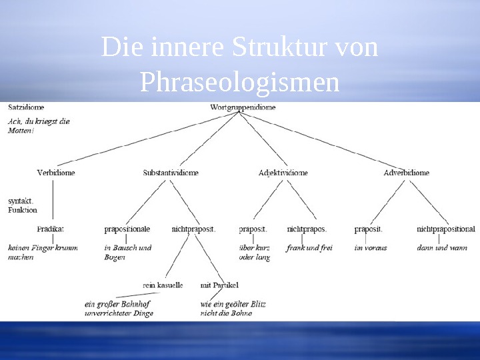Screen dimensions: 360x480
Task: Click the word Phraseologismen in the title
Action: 240,83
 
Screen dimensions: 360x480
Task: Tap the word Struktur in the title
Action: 281,47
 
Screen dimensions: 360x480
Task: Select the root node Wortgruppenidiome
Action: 243,107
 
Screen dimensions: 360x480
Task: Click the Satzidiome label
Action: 27,107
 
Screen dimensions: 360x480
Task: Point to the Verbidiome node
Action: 56,172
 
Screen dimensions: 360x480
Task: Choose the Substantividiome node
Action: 171,172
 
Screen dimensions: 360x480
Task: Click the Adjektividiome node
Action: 283,172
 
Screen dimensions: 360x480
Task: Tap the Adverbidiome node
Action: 406,172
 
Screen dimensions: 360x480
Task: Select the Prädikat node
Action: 51,229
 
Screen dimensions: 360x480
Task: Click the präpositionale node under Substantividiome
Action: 127,229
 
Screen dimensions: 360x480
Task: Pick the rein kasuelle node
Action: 163,285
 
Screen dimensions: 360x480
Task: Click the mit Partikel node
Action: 219,285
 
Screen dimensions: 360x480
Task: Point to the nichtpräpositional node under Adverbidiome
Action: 446,229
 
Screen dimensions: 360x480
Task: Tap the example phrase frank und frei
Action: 309,247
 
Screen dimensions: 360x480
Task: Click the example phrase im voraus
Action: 370,247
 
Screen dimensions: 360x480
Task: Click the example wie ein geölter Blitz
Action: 233,304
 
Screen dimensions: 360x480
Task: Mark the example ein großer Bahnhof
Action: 117,304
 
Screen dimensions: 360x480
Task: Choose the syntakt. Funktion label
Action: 23,205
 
